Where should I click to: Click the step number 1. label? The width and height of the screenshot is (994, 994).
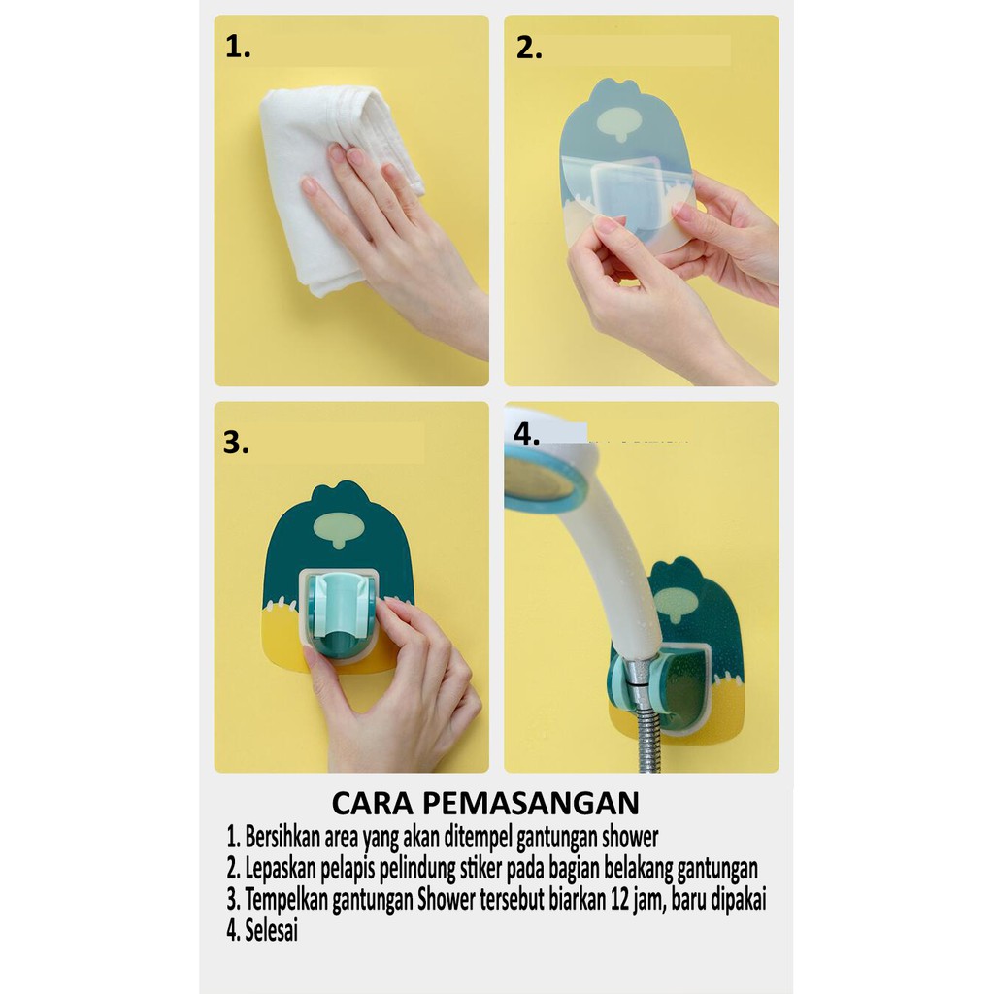[238, 48]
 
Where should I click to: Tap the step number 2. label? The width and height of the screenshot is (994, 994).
[529, 49]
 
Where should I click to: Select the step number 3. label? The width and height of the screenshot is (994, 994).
[236, 442]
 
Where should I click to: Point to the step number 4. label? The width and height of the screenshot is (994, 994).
[526, 434]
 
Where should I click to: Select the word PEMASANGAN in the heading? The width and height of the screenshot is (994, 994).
[531, 803]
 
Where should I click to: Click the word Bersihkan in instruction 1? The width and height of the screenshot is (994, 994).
[282, 837]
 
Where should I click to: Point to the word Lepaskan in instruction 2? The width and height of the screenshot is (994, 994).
[281, 869]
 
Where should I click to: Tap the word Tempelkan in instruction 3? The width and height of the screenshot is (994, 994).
[286, 900]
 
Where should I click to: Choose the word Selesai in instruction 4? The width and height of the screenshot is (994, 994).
[272, 930]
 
